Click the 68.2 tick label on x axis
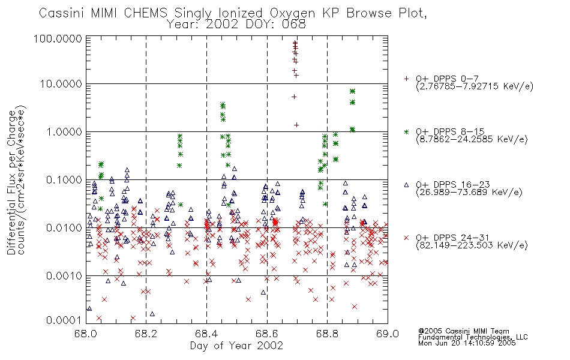point(146,334)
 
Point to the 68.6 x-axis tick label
point(267,334)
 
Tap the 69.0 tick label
point(388,334)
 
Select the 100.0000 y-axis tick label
point(58,39)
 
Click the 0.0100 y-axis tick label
point(64,228)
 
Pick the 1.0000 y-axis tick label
point(64,132)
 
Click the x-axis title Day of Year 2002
point(236,346)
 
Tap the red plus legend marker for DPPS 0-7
point(406,79)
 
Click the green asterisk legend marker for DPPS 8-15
point(406,131)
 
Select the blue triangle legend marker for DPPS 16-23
point(406,185)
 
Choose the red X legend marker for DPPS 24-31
point(406,238)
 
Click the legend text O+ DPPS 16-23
point(453,185)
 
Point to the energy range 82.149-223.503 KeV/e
point(472,245)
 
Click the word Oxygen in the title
point(293,13)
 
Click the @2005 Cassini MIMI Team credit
point(463,331)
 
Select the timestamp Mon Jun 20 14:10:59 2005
point(467,343)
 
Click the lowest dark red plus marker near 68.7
point(296,125)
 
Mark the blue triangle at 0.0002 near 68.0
point(89,309)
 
